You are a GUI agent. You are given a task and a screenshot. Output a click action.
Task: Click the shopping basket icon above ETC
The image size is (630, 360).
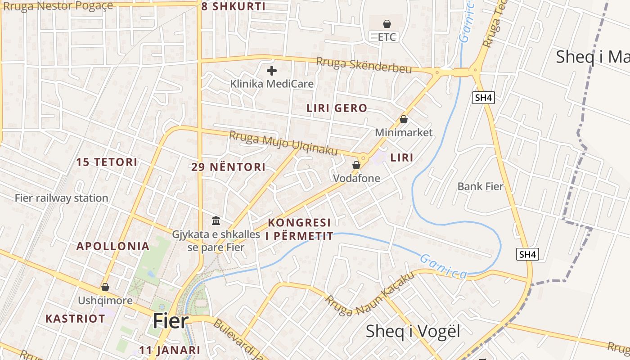pyautogui.click(x=387, y=24)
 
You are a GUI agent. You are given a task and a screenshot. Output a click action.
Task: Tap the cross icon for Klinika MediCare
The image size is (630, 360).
pyautogui.click(x=272, y=71)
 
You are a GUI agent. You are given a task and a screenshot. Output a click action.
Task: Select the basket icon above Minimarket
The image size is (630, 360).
pyautogui.click(x=404, y=119)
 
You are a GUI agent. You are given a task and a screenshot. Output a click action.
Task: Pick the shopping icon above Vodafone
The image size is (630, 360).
pyautogui.click(x=356, y=165)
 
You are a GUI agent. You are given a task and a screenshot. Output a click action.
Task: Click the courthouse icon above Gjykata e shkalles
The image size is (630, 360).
pyautogui.click(x=216, y=221)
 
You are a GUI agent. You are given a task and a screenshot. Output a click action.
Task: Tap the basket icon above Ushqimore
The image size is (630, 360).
pyautogui.click(x=105, y=287)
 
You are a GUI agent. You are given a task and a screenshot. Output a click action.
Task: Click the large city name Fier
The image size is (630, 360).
pyautogui.click(x=170, y=321)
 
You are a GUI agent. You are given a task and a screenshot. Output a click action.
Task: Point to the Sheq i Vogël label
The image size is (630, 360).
pyautogui.click(x=413, y=332)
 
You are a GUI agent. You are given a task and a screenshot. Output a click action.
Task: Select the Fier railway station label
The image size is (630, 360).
pyautogui.click(x=61, y=198)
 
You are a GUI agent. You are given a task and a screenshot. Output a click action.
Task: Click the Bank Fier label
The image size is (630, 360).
pyautogui.click(x=480, y=186)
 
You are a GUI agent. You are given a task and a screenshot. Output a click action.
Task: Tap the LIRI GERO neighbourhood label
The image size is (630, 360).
pyautogui.click(x=337, y=108)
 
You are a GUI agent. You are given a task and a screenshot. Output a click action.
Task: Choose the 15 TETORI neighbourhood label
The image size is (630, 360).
pyautogui.click(x=107, y=162)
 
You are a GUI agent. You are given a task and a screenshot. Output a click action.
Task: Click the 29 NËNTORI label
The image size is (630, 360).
pyautogui.click(x=228, y=167)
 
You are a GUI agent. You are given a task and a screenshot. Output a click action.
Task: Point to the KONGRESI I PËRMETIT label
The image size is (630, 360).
pyautogui.click(x=300, y=229)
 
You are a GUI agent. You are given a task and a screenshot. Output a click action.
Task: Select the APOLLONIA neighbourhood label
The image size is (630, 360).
pyautogui.click(x=112, y=246)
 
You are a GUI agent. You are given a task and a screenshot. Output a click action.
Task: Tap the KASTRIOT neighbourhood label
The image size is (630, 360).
pyautogui.click(x=75, y=319)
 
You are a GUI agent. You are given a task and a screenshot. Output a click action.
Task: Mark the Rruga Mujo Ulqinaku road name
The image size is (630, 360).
pyautogui.click(x=283, y=143)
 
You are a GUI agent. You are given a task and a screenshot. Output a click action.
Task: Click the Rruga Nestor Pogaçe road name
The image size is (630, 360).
pyautogui.click(x=51, y=7)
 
